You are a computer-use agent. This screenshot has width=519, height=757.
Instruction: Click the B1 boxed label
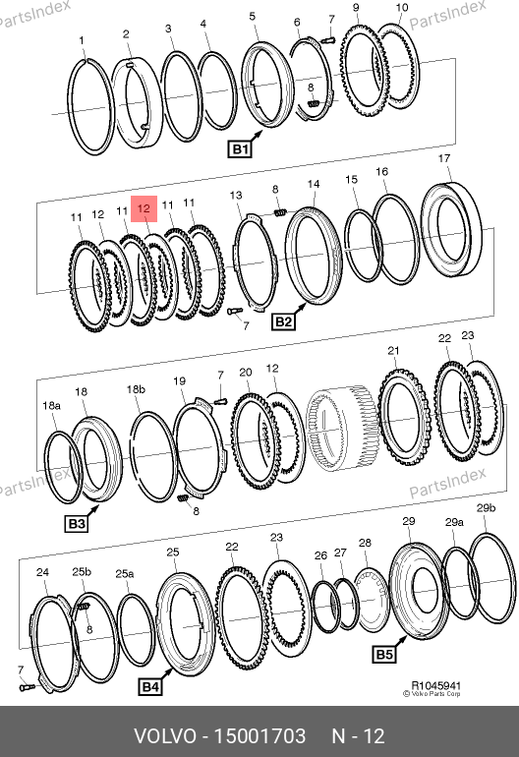click(x=240, y=148)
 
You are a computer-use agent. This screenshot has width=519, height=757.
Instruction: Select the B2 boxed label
click(x=283, y=321)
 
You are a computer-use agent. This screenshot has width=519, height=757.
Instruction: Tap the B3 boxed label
click(x=77, y=523)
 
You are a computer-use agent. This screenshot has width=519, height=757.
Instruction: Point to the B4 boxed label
click(x=150, y=686)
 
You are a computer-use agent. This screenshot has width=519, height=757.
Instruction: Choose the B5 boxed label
click(x=384, y=654)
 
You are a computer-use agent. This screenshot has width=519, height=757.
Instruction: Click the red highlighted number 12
click(x=144, y=208)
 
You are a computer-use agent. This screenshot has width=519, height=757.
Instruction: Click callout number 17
click(x=444, y=158)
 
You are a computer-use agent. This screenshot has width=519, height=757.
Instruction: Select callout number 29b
click(x=487, y=507)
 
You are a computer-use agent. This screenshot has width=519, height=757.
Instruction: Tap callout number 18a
click(x=52, y=405)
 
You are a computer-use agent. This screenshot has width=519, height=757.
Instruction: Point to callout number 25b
click(x=82, y=571)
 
